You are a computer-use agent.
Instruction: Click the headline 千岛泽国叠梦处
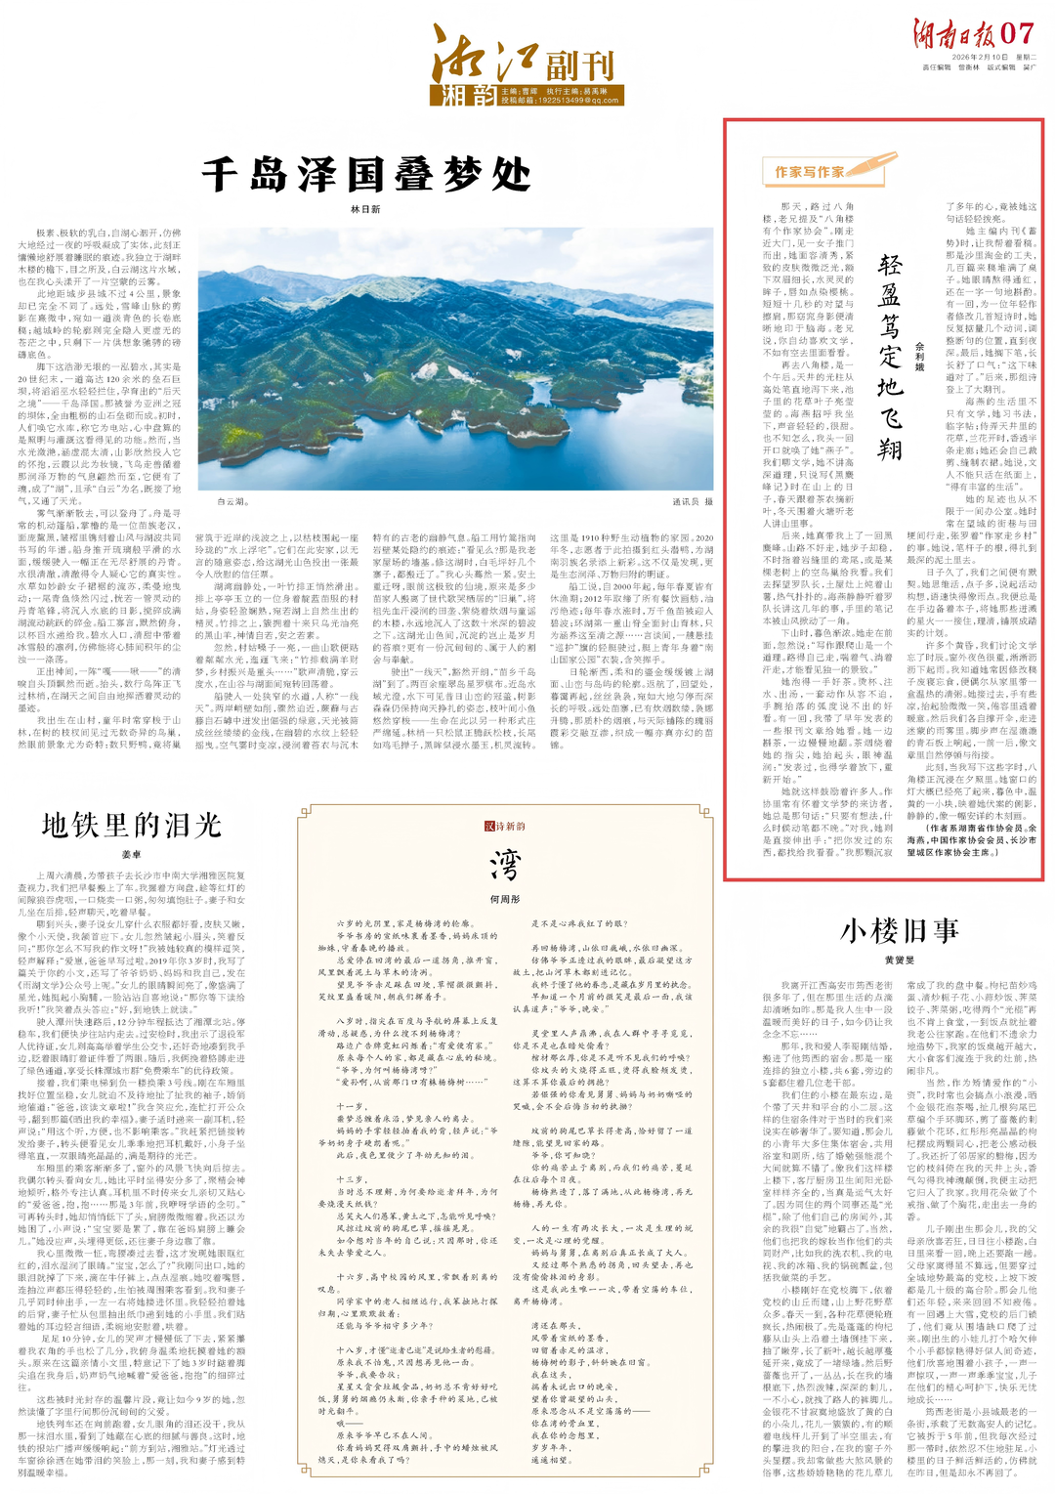click(366, 176)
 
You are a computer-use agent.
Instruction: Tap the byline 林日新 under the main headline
click(365, 209)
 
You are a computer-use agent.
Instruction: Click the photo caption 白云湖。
click(232, 501)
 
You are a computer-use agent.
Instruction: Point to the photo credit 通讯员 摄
click(693, 501)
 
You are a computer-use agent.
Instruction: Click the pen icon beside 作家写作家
click(874, 165)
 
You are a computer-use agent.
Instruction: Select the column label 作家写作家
click(810, 172)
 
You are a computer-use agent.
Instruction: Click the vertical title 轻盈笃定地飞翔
click(889, 357)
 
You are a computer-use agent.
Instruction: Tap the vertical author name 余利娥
click(919, 357)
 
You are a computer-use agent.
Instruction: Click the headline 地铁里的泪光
click(132, 826)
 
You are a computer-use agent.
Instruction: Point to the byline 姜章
click(131, 855)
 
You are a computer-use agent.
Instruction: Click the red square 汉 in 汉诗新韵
click(489, 827)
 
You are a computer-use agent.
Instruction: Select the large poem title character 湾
click(505, 865)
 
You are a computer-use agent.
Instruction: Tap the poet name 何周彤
click(505, 899)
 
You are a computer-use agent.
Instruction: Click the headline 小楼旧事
click(900, 930)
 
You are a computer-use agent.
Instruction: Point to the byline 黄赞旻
click(900, 960)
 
